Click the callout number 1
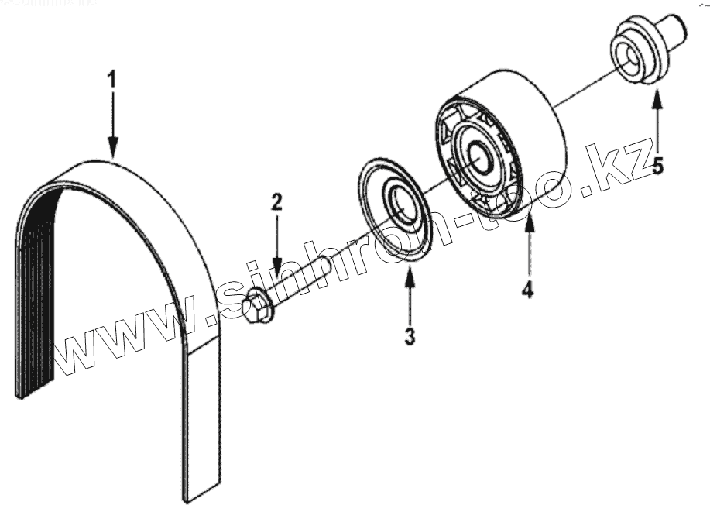(x=113, y=79)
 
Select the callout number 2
(x=276, y=203)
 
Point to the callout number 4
(x=527, y=290)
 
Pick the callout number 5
(x=657, y=165)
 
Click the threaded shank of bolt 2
(x=302, y=282)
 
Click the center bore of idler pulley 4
(x=477, y=152)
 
